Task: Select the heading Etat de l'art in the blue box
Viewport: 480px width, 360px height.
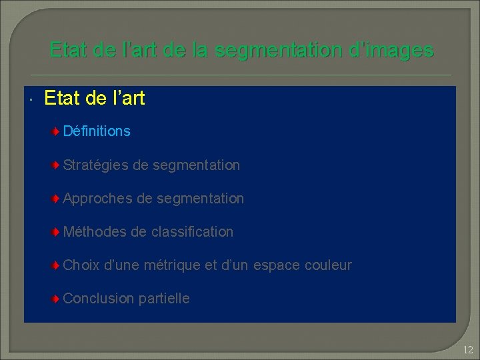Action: pyautogui.click(x=94, y=99)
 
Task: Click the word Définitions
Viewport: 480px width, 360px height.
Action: pyautogui.click(x=97, y=131)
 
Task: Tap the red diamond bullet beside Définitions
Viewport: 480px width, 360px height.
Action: pyautogui.click(x=57, y=131)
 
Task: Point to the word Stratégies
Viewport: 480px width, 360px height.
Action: pyautogui.click(x=96, y=165)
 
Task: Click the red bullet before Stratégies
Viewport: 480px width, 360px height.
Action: pyautogui.click(x=57, y=165)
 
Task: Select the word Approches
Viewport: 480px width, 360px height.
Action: pyautogui.click(x=97, y=198)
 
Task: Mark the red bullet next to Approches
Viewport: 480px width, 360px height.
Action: pyautogui.click(x=57, y=198)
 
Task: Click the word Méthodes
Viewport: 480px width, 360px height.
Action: pyautogui.click(x=95, y=232)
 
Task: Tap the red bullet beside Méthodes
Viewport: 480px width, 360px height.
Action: pyautogui.click(x=57, y=232)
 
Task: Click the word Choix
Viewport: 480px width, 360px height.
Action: pyautogui.click(x=81, y=265)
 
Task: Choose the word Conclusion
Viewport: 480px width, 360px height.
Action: pyautogui.click(x=99, y=299)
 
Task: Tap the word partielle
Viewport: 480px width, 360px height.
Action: pyautogui.click(x=164, y=299)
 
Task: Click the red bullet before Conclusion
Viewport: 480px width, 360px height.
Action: pyautogui.click(x=57, y=299)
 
